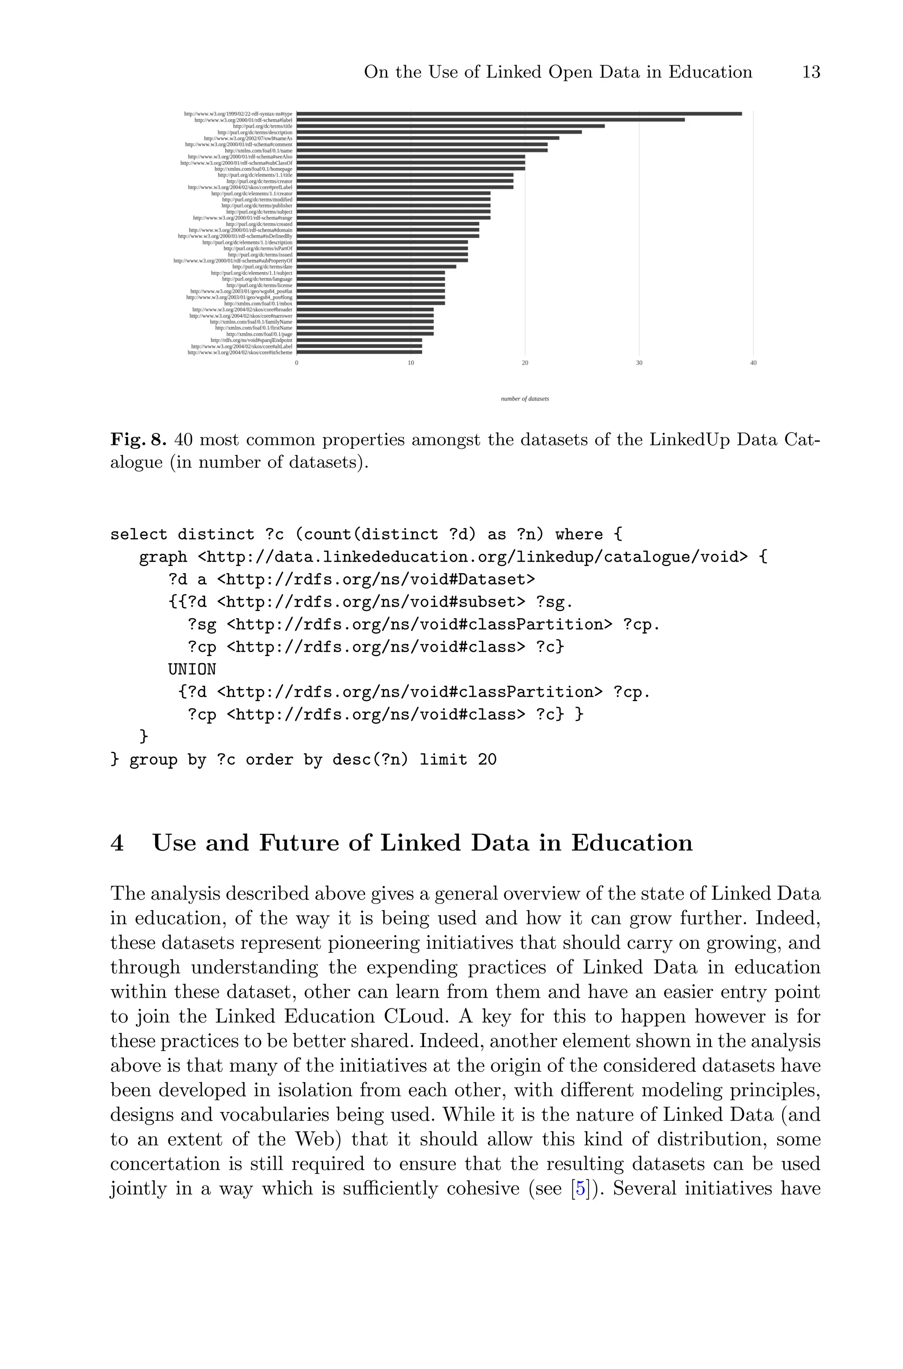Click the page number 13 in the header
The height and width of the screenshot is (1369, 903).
[811, 73]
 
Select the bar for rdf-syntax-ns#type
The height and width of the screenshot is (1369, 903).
[519, 113]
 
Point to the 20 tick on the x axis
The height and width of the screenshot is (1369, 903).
[525, 363]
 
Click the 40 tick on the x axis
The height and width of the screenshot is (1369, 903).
[753, 363]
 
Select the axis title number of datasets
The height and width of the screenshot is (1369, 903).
[525, 399]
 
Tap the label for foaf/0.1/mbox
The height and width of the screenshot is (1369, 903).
[258, 303]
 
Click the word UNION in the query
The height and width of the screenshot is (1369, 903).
[192, 670]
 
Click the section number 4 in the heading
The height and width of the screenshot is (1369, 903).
[117, 843]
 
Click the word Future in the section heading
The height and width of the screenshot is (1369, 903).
[303, 843]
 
